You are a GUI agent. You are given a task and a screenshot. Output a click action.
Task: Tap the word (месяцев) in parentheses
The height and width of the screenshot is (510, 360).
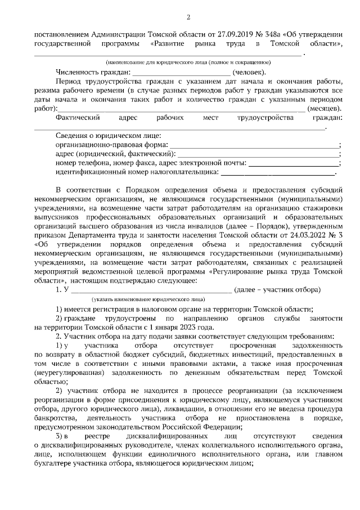[325, 108]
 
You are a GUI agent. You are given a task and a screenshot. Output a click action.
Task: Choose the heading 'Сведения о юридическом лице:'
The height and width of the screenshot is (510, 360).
[109, 136]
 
